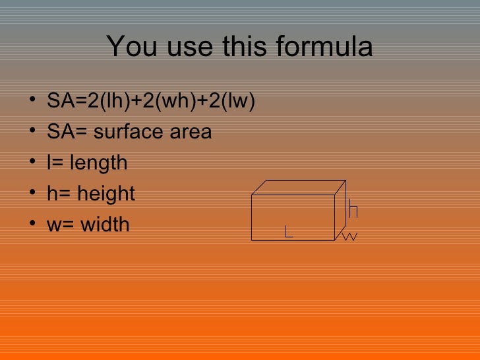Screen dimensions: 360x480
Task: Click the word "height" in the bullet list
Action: (x=105, y=194)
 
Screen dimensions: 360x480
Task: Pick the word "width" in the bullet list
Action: (x=105, y=225)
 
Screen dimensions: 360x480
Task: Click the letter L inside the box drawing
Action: (x=288, y=231)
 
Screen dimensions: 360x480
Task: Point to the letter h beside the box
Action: (x=353, y=209)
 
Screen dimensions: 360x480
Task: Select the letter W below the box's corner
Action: (x=350, y=236)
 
